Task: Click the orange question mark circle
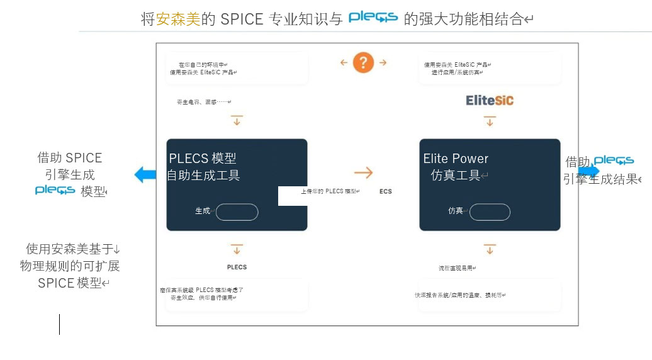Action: pos(363,62)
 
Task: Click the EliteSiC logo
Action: pos(490,100)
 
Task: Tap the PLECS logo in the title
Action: pos(373,18)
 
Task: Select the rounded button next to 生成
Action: pos(237,212)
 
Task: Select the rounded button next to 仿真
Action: pos(490,212)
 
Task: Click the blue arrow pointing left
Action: pos(145,174)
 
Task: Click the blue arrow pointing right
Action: pos(589,171)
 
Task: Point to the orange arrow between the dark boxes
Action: pos(363,173)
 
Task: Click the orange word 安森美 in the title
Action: pos(178,20)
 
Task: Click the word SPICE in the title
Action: pos(242,20)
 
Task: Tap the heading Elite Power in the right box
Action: pos(456,159)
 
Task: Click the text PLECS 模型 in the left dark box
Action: pos(203,159)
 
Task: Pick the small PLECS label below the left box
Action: pos(237,267)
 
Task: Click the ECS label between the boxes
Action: pos(386,191)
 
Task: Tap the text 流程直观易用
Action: pos(456,268)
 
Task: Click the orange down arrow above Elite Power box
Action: pos(490,120)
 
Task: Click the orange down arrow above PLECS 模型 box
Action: pos(237,120)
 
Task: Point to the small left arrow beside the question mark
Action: pos(344,62)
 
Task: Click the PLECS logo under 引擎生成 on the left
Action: pos(55,190)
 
